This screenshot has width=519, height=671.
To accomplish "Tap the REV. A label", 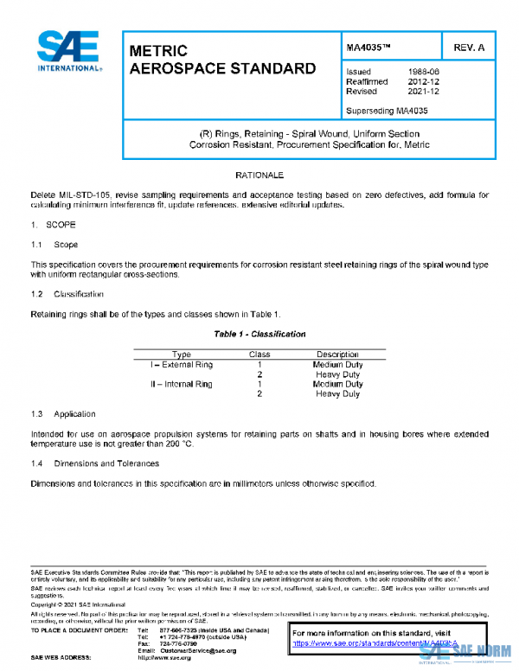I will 469,46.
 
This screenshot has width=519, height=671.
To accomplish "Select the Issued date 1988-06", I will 421,72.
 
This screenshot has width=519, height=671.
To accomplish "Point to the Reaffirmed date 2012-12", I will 421,81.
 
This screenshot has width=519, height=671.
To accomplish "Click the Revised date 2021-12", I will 421,91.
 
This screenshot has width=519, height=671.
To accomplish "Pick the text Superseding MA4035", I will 387,111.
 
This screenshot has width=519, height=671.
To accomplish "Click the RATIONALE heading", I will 259,176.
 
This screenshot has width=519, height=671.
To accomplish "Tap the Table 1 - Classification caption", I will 259,334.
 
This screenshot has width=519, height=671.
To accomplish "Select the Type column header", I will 182,355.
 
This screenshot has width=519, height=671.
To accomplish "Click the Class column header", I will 259,355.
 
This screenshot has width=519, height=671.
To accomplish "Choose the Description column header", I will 337,355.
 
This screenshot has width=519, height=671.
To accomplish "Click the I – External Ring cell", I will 182,365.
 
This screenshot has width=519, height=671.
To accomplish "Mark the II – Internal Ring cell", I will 182,384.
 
